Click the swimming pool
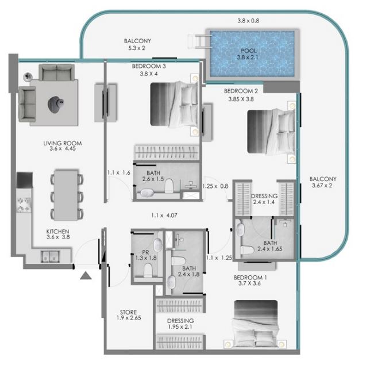[252, 53]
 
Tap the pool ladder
[199, 41]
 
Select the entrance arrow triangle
[86, 275]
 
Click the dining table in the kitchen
[66, 195]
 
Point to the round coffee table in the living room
[56, 105]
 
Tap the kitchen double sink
[50, 256]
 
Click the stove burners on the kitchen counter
[24, 205]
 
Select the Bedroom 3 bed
[174, 105]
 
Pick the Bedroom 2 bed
[271, 132]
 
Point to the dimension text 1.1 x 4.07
[164, 216]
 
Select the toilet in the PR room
[148, 270]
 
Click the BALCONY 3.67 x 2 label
[323, 182]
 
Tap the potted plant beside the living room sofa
[28, 76]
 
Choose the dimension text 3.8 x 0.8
[248, 21]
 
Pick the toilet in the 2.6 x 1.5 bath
[169, 186]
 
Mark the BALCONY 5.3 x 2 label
[137, 44]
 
